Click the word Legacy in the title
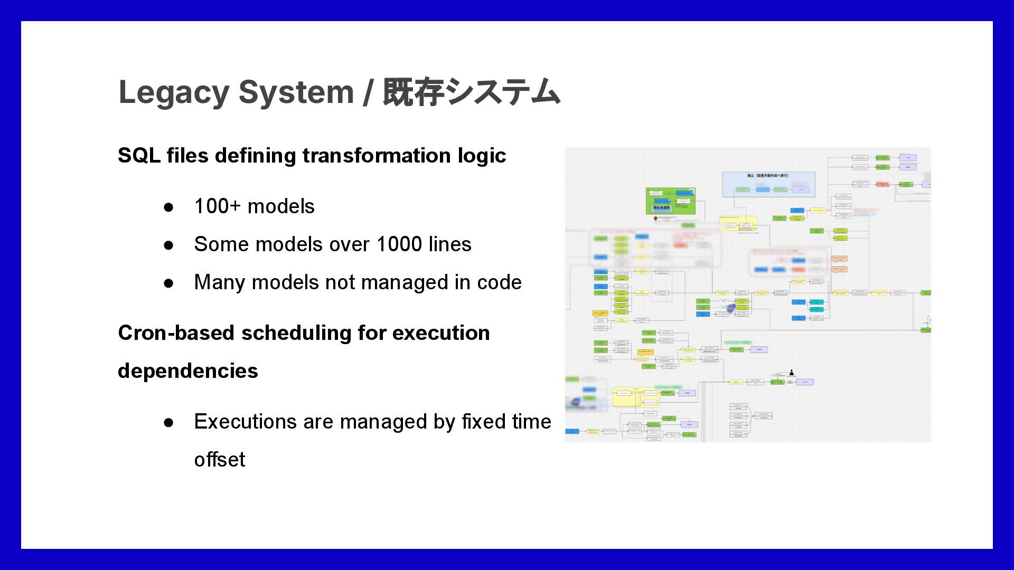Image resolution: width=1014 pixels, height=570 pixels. click(x=174, y=92)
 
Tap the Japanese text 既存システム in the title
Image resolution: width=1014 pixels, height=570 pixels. click(x=471, y=92)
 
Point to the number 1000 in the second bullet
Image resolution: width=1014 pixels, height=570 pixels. click(x=399, y=244)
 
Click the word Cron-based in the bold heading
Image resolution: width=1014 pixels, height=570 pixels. click(x=176, y=333)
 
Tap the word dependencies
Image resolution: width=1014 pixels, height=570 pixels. click(x=188, y=371)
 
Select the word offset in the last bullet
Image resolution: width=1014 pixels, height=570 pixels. click(x=220, y=460)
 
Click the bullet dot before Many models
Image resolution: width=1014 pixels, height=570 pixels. click(x=168, y=283)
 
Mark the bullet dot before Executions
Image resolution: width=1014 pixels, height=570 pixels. click(x=168, y=422)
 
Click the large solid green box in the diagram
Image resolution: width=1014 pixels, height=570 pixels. click(x=670, y=201)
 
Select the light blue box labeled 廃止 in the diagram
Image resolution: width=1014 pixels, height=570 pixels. click(x=768, y=184)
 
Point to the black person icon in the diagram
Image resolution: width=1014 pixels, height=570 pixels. click(x=791, y=373)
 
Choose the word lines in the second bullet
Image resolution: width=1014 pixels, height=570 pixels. click(x=449, y=244)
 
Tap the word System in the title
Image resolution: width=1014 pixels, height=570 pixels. click(x=296, y=92)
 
